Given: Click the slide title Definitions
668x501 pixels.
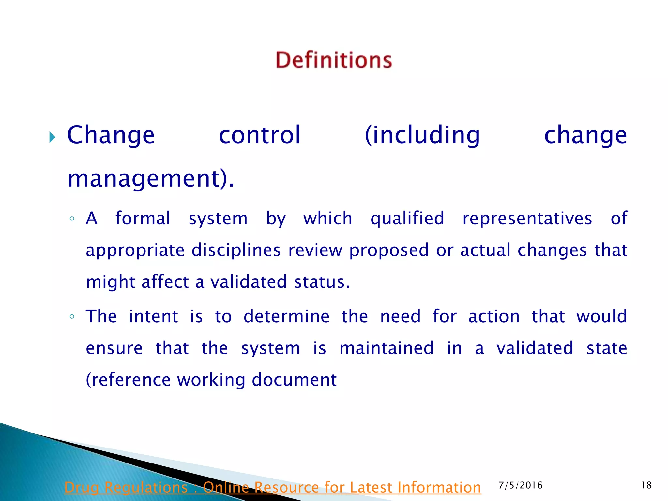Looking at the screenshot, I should [x=334, y=60].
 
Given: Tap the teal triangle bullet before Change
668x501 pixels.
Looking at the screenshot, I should [x=52, y=137].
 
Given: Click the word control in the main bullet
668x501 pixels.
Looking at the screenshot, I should [x=260, y=135].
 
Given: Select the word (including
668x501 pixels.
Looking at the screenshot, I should [x=422, y=135].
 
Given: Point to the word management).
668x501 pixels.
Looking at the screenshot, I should [x=151, y=179].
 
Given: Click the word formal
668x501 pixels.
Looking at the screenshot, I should [x=143, y=218].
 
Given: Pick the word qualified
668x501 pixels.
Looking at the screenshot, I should [x=407, y=219].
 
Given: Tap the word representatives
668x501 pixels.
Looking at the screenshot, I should [x=527, y=218].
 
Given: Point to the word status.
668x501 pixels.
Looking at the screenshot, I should [x=322, y=282].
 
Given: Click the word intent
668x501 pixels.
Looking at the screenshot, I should [x=153, y=316].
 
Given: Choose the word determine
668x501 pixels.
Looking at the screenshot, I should [x=286, y=316].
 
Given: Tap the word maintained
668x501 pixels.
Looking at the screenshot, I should [x=387, y=348].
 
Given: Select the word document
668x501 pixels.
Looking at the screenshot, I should [x=294, y=380].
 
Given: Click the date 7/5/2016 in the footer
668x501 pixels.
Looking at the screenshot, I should [x=521, y=485].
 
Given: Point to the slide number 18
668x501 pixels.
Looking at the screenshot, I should [x=646, y=485].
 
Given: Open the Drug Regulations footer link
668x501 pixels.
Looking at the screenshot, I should [x=273, y=488].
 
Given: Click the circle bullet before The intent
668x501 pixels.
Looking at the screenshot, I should [x=72, y=317].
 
